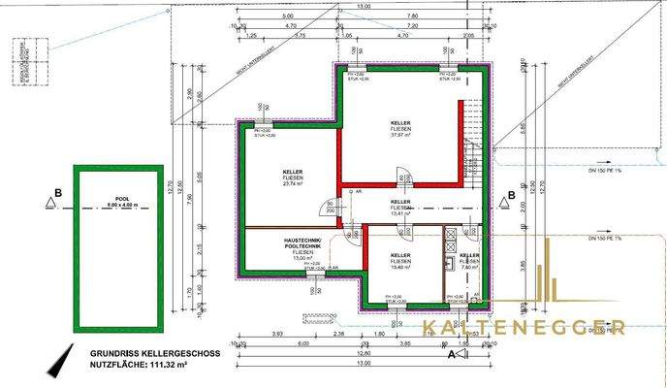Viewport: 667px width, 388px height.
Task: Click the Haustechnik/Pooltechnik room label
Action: pyautogui.click(x=304, y=246)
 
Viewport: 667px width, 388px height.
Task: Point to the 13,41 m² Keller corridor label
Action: pyautogui.click(x=400, y=208)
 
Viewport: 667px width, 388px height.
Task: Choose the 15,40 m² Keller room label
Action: pyautogui.click(x=400, y=260)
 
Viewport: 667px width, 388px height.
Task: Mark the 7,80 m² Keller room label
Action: pyautogui.click(x=468, y=260)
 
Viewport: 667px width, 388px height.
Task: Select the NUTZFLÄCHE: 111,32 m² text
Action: pyautogui.click(x=137, y=366)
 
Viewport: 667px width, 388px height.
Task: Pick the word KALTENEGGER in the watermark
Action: pyautogui.click(x=524, y=328)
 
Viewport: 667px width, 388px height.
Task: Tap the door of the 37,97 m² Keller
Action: pyautogui.click(x=401, y=177)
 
